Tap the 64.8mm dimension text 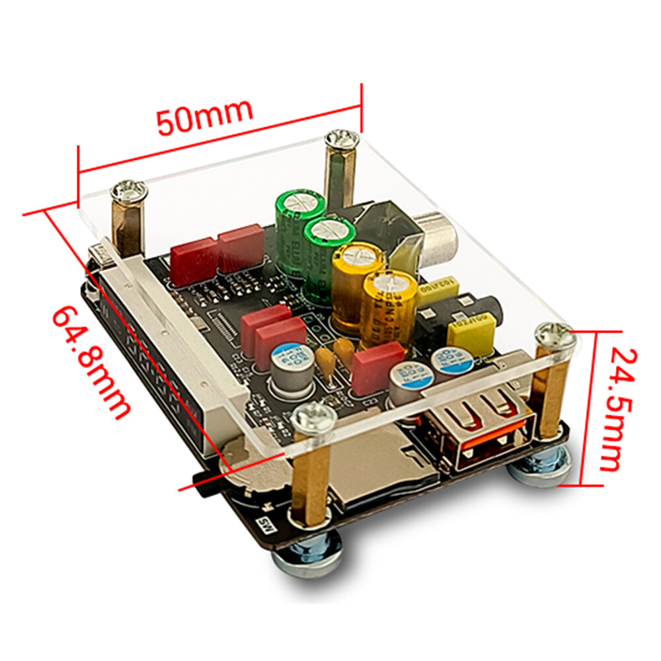[x=89, y=361]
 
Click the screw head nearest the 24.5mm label [x=555, y=337]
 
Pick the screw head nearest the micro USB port [x=129, y=192]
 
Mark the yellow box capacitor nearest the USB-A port [x=471, y=334]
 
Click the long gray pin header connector [x=165, y=350]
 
